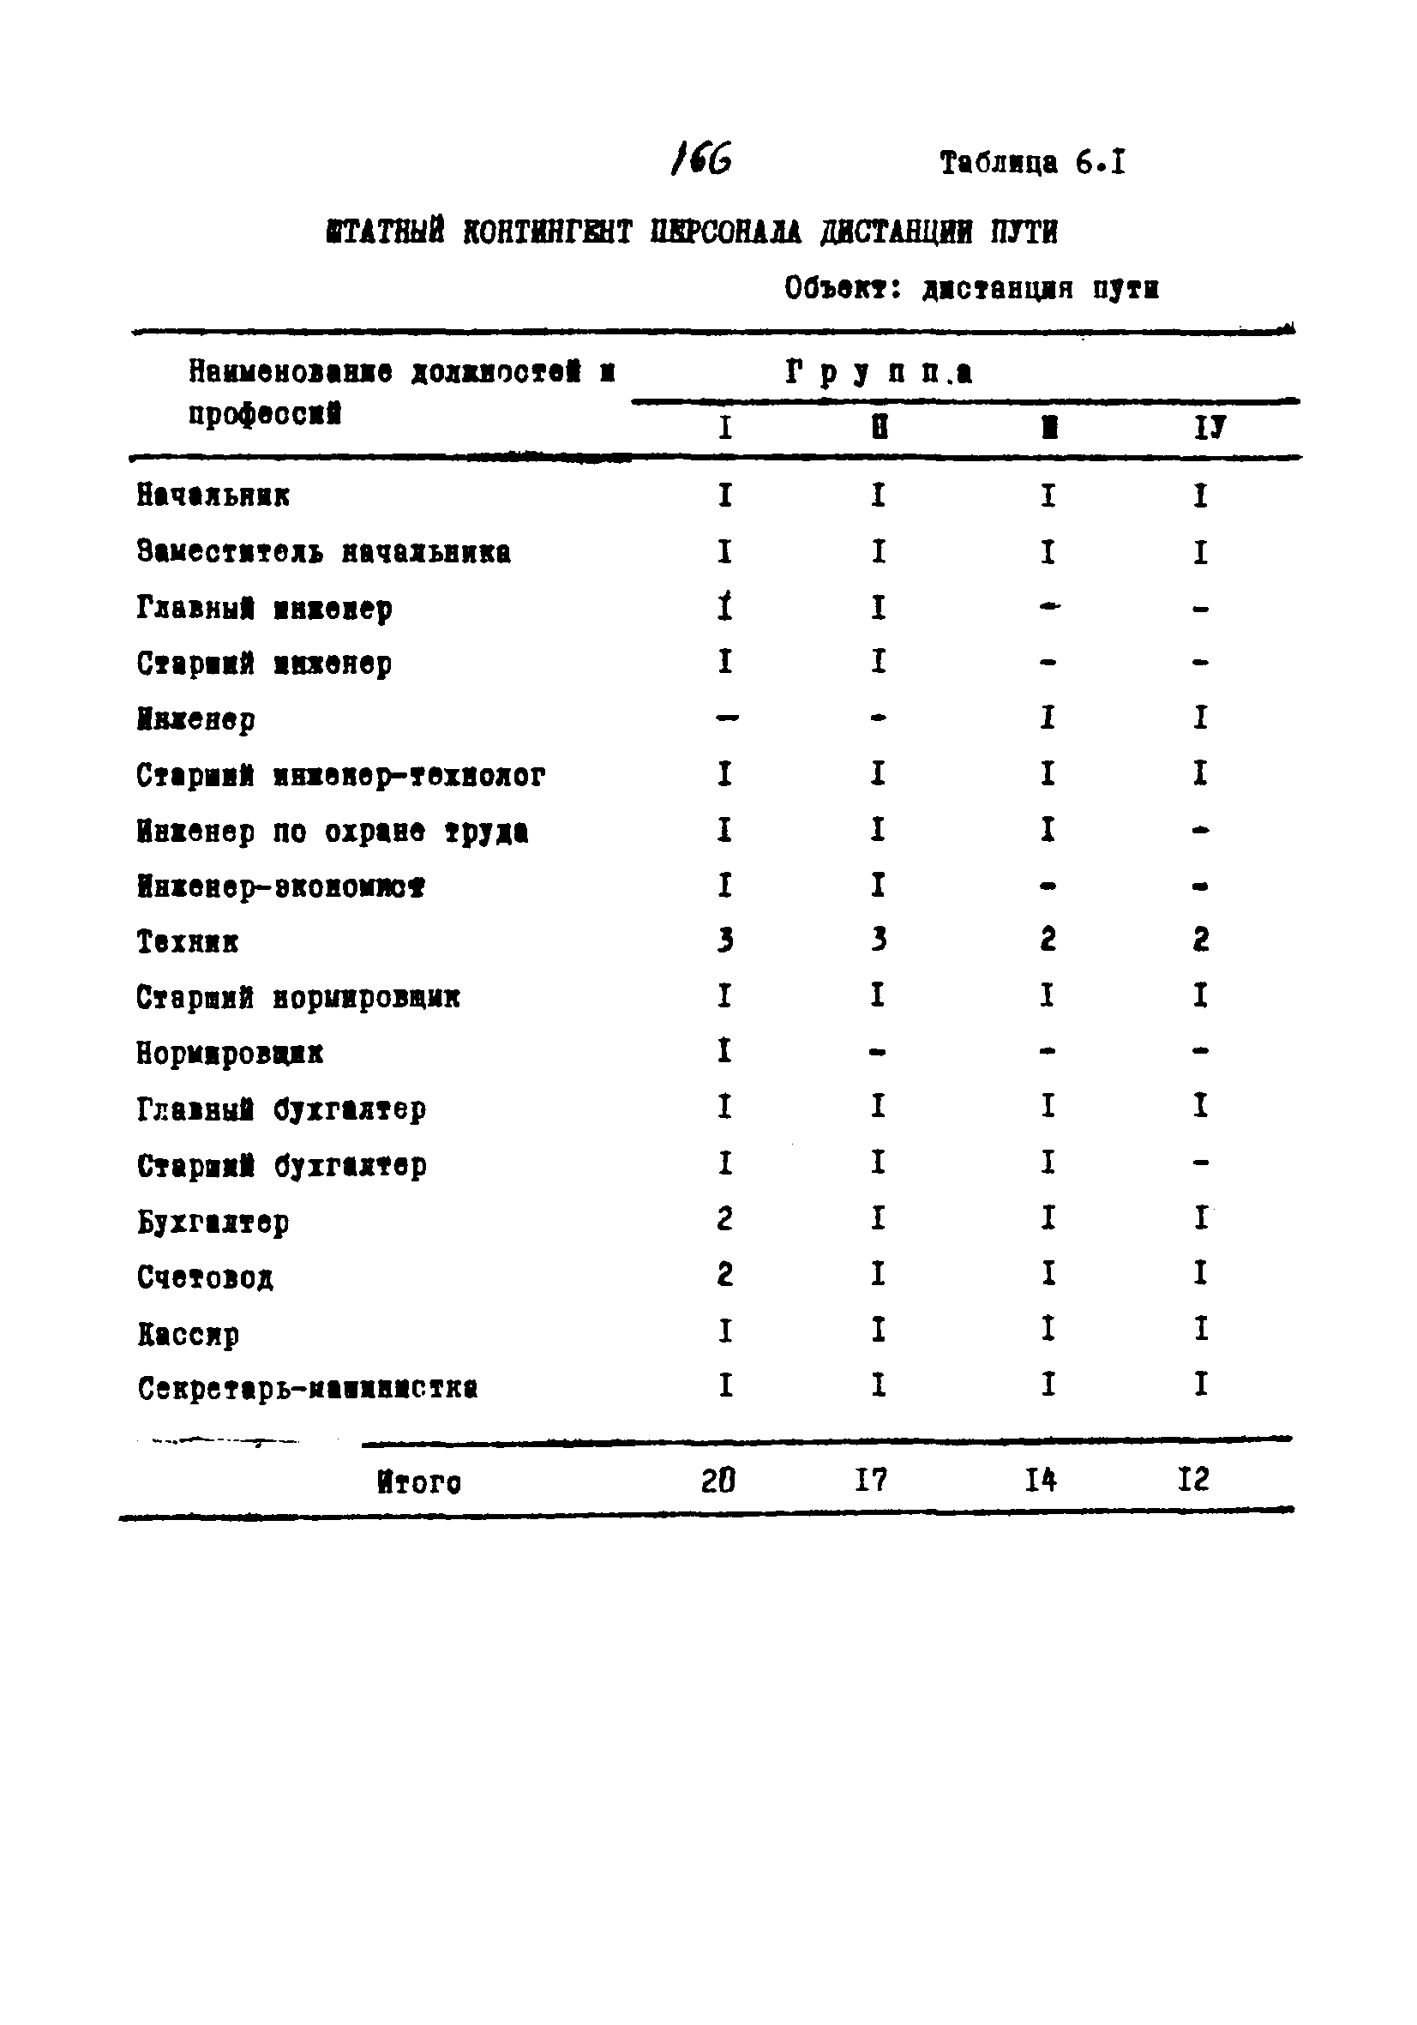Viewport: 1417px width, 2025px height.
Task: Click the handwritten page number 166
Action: click(x=701, y=159)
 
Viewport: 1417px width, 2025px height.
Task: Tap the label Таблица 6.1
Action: click(x=1031, y=162)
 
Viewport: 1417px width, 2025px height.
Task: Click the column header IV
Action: click(x=1209, y=429)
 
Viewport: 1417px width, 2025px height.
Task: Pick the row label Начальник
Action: click(x=213, y=496)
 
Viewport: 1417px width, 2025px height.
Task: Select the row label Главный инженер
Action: click(x=265, y=608)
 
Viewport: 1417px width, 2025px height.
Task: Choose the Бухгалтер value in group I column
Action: click(x=725, y=1219)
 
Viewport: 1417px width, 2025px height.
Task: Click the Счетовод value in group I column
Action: click(x=725, y=1275)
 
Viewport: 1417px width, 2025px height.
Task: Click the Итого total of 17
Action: click(x=870, y=1480)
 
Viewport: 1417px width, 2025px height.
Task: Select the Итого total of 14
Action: click(x=1041, y=1480)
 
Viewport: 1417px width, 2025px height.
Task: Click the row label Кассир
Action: click(x=188, y=1333)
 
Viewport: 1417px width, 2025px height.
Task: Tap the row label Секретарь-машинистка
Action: click(x=308, y=1389)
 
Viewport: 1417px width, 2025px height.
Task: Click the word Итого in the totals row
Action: click(x=419, y=1481)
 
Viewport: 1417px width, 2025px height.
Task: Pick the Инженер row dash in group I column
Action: click(x=726, y=718)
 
